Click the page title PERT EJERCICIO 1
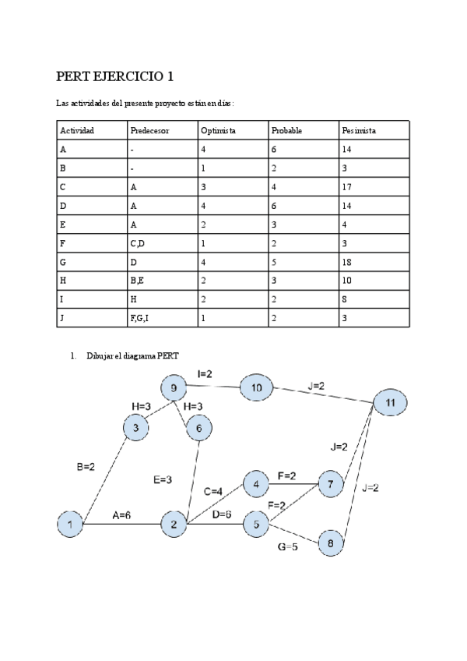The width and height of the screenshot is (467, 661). tap(114, 76)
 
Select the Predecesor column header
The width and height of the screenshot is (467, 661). tap(149, 130)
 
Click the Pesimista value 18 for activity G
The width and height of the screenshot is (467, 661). tap(346, 262)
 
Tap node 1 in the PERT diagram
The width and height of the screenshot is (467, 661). tap(71, 524)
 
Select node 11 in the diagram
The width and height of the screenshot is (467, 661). tap(390, 402)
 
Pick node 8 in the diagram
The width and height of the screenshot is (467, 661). tap(331, 543)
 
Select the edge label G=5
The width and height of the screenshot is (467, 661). tap(288, 547)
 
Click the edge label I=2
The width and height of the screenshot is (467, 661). tap(205, 374)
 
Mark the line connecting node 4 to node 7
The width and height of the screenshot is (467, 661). tap(293, 484)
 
